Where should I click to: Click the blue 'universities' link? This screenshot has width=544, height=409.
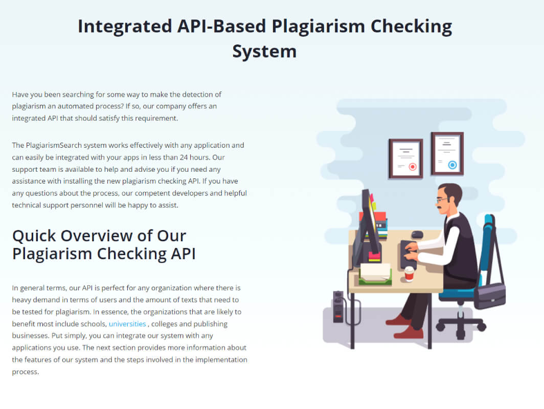click(127, 324)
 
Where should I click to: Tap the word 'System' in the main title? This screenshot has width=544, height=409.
click(264, 51)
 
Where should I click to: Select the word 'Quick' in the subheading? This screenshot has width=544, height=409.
click(34, 236)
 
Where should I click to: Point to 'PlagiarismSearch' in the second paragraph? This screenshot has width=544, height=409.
click(54, 145)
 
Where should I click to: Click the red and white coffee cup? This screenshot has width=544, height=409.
click(410, 274)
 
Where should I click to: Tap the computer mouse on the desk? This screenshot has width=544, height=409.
click(417, 234)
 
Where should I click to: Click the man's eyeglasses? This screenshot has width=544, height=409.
click(441, 200)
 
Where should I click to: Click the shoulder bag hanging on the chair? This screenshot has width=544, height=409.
click(489, 295)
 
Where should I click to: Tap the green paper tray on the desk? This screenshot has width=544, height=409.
click(375, 278)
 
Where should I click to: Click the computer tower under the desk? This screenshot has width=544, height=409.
click(338, 307)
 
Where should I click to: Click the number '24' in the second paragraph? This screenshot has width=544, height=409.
click(184, 157)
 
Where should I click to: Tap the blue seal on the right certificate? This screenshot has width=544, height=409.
click(452, 165)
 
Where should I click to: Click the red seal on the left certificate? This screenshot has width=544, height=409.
click(413, 167)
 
